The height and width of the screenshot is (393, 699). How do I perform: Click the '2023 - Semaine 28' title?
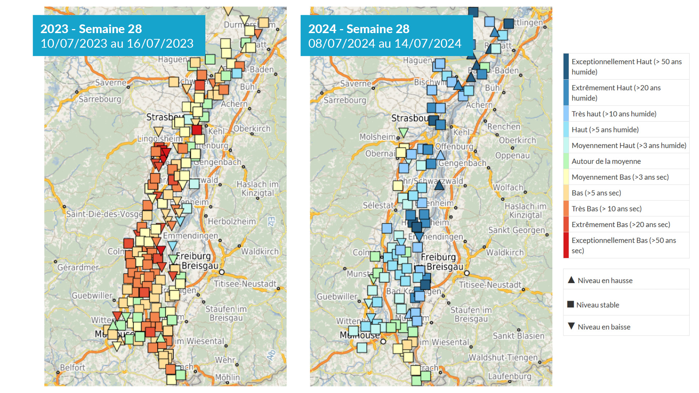[91, 29]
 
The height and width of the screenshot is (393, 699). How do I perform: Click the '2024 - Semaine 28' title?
[359, 29]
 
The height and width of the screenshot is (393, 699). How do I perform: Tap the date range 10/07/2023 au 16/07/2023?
[117, 44]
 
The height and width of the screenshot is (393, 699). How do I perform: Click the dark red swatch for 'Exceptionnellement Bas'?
[566, 245]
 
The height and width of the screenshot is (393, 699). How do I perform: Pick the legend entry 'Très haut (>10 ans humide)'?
[614, 114]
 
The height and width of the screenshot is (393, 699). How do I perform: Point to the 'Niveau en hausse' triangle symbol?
[571, 280]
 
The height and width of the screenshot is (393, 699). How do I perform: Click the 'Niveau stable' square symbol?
[570, 304]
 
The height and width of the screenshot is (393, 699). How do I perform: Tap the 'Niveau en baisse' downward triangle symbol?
[571, 326]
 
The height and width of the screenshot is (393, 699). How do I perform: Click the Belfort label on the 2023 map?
[72, 368]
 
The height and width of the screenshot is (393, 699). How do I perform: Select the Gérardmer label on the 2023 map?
[78, 267]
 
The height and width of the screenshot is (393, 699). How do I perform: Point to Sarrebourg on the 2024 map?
[344, 100]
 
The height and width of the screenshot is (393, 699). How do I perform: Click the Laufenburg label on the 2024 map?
[509, 376]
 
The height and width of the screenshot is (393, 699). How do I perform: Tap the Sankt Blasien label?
[518, 336]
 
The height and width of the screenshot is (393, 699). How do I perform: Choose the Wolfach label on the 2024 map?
[508, 187]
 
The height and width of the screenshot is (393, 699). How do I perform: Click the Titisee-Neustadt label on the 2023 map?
[245, 284]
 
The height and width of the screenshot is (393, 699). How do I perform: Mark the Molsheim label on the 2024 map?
[377, 137]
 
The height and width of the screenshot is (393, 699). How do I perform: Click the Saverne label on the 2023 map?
[111, 83]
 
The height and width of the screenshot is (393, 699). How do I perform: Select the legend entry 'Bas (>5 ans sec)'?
[596, 193]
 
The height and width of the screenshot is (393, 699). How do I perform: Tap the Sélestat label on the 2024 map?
[378, 205]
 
